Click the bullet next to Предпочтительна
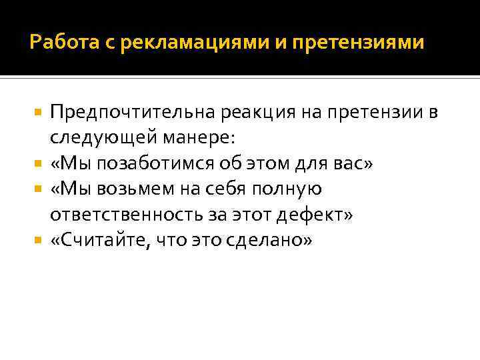tap(40, 114)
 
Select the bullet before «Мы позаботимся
tap(40, 165)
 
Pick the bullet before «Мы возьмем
tap(40, 190)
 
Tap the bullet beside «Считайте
tap(40, 241)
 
